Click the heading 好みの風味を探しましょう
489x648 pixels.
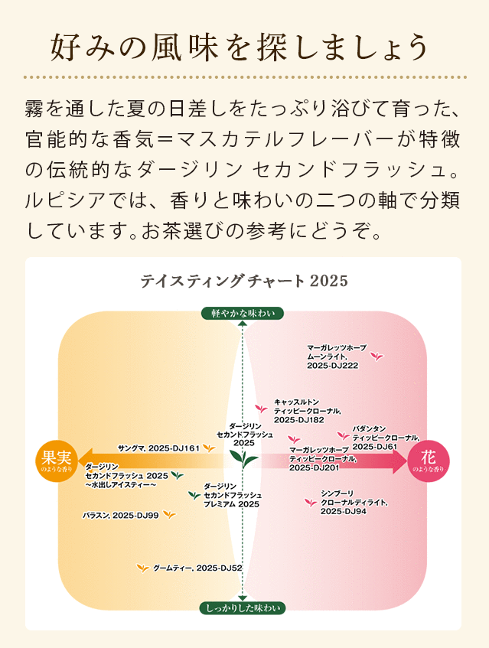click(x=239, y=47)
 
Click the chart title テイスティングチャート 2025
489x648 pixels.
click(x=244, y=281)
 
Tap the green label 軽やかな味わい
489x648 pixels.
click(x=243, y=313)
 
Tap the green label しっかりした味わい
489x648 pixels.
click(x=243, y=608)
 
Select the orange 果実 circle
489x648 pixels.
click(x=57, y=461)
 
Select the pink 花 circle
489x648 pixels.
click(x=429, y=461)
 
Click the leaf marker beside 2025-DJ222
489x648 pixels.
click(x=377, y=356)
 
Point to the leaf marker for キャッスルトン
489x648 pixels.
click(x=262, y=409)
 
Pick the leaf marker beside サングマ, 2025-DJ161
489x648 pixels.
click(x=208, y=448)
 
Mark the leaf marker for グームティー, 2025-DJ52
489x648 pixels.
click(x=142, y=568)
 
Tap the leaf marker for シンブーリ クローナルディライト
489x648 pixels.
click(x=310, y=502)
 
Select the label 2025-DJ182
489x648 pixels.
click(x=299, y=420)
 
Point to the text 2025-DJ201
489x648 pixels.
click(x=315, y=467)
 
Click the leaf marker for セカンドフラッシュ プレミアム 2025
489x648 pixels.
click(x=194, y=495)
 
